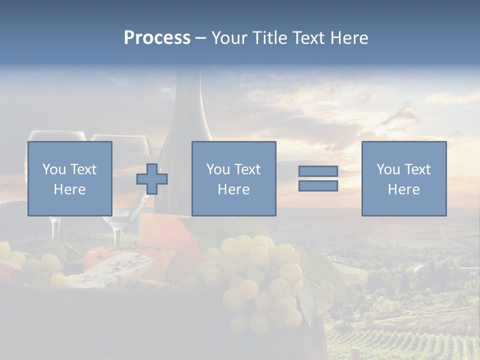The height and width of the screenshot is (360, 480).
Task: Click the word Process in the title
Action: pos(157,38)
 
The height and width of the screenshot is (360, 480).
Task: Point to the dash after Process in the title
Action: pos(201,38)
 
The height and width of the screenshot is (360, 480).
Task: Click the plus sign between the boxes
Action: pos(152,179)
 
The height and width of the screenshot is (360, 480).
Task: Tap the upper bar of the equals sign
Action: pos(318,171)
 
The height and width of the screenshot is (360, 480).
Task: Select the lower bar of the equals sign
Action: pos(318,186)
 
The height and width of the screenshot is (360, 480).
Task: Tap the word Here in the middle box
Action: pos(233,189)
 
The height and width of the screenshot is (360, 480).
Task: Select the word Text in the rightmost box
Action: pos(417,169)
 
